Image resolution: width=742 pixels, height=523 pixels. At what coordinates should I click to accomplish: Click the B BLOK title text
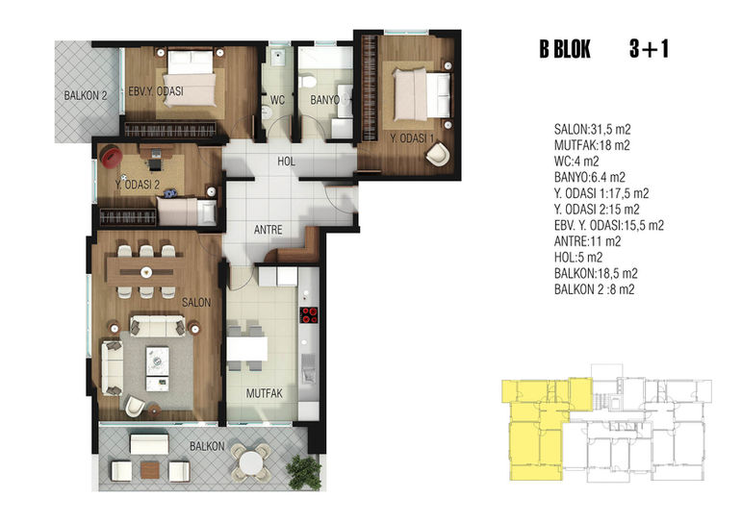[x=565, y=49]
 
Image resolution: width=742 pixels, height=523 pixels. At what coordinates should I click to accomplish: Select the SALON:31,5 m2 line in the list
[x=593, y=130]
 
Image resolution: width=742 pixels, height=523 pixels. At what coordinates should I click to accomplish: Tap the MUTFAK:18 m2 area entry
[x=592, y=145]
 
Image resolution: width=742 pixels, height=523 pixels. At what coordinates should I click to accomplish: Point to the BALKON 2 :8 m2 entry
[x=595, y=289]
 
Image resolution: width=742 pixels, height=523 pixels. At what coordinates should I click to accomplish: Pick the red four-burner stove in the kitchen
[x=310, y=315]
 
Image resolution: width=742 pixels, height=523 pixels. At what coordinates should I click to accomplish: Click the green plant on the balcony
[x=304, y=471]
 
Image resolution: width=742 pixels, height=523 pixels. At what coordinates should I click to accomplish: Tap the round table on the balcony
[x=250, y=461]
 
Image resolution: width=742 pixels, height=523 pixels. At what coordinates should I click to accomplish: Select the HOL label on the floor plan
[x=286, y=162]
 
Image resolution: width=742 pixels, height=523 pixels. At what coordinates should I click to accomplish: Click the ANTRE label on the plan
[x=269, y=230]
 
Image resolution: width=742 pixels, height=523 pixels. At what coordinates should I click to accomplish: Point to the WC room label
[x=278, y=100]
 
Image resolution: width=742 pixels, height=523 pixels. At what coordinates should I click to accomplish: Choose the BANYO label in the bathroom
[x=325, y=100]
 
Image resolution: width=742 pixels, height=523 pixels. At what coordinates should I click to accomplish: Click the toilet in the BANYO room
[x=308, y=81]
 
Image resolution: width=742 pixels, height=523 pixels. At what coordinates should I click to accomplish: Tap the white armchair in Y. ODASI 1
[x=438, y=154]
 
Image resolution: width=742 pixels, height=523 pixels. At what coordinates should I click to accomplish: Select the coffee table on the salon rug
[x=158, y=369]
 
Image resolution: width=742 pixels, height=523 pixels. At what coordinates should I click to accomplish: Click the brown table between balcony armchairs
[x=150, y=470]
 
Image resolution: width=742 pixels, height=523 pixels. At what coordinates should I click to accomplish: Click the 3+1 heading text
[x=650, y=49]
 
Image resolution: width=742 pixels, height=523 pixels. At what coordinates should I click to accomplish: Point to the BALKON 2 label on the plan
[x=86, y=95]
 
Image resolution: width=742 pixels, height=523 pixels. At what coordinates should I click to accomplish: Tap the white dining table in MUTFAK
[x=247, y=349]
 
